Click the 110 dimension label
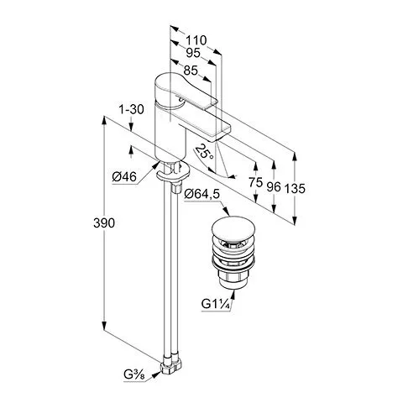[x=196, y=40]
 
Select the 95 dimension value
[x=193, y=53]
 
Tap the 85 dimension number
[x=191, y=71]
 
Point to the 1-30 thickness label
[x=131, y=109]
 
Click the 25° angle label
[x=205, y=152]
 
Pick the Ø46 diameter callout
[x=124, y=177]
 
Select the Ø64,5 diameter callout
[x=202, y=194]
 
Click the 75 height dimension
[x=255, y=182]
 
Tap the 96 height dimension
[x=274, y=186]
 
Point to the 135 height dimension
[x=295, y=188]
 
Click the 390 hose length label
[x=104, y=223]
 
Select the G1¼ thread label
[x=216, y=304]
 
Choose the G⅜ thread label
[x=134, y=374]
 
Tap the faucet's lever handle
[x=185, y=90]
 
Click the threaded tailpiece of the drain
[x=233, y=279]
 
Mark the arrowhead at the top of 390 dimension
[x=104, y=120]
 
